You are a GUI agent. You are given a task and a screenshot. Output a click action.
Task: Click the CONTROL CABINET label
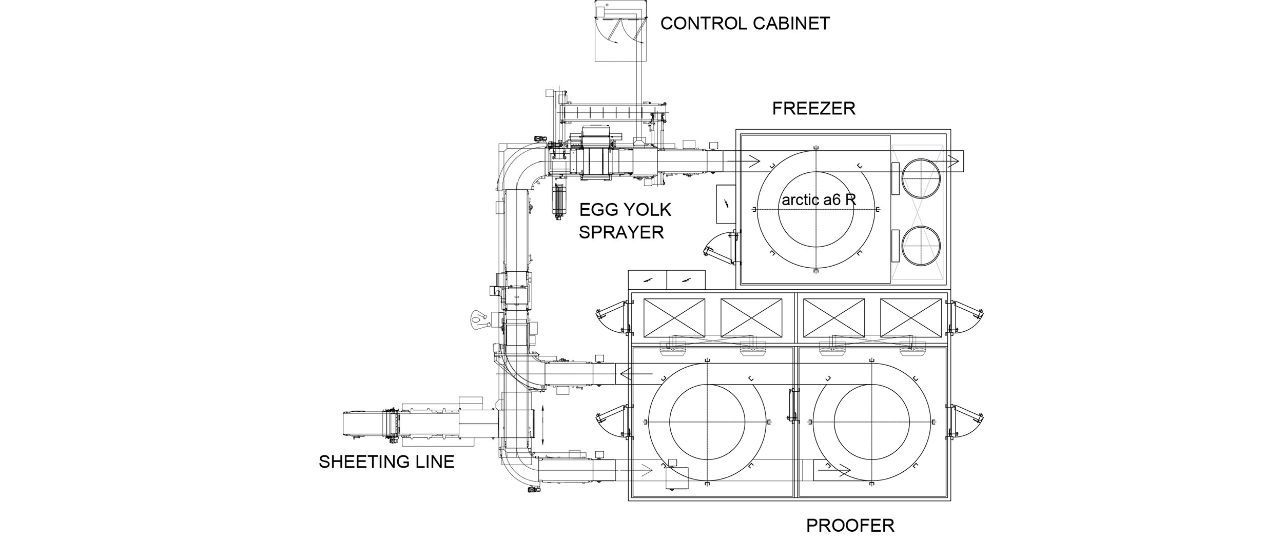point(745,24)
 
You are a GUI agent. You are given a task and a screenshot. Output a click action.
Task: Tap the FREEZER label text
point(813,108)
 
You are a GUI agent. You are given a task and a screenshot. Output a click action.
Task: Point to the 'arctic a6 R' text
point(819,199)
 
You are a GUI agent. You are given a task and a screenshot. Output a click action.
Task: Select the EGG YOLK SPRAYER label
point(625,221)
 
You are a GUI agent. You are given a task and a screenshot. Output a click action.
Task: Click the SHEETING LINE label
point(386,462)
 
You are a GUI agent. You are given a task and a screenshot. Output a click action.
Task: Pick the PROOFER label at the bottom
point(850,525)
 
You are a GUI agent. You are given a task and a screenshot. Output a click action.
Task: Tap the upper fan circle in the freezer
point(921,178)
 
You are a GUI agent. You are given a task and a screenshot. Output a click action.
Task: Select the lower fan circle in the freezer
point(921,247)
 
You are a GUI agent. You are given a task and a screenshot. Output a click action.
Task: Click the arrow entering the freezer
point(744,161)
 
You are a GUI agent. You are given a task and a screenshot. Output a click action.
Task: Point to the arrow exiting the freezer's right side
point(947,162)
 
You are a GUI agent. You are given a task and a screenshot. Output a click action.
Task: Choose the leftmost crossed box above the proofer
point(674,318)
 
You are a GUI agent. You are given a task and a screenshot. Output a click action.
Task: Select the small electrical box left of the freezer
point(726,204)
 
